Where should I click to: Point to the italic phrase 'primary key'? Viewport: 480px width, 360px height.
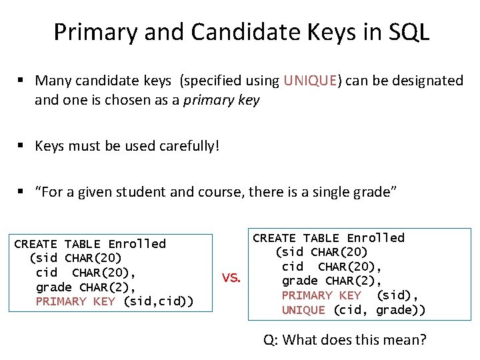(x=222, y=101)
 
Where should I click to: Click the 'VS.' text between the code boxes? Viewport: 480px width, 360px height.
(x=231, y=277)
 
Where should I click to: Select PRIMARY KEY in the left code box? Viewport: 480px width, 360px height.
(x=75, y=302)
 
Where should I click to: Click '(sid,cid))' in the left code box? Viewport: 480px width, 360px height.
(x=159, y=302)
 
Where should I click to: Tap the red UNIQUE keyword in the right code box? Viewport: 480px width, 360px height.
(x=303, y=310)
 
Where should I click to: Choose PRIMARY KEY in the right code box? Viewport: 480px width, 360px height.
(x=321, y=295)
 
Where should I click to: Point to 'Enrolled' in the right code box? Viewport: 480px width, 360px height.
(x=375, y=238)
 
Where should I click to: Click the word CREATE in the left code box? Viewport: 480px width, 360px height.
(x=35, y=244)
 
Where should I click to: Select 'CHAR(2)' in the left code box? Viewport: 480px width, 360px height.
(x=107, y=287)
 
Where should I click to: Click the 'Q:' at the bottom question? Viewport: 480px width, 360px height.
(x=271, y=340)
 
